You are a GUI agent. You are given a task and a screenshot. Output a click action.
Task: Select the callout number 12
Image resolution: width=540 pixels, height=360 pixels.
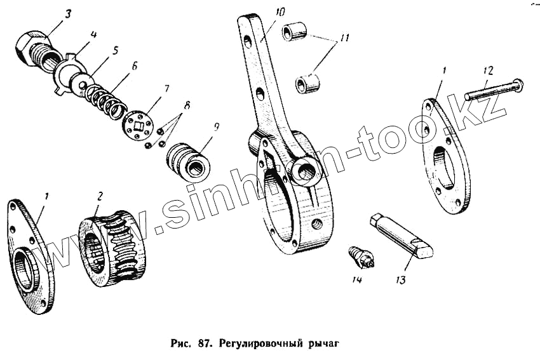[x=487, y=70]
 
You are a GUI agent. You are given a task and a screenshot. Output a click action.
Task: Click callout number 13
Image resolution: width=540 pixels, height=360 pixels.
[x=400, y=278]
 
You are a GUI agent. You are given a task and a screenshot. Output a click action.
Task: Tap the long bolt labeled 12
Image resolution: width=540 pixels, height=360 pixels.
[x=493, y=91]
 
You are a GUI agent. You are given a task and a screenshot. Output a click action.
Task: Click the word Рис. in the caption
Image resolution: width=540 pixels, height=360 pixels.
[x=185, y=345]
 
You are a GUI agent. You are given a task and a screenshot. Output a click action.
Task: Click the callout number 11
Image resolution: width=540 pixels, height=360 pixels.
[x=344, y=39]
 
